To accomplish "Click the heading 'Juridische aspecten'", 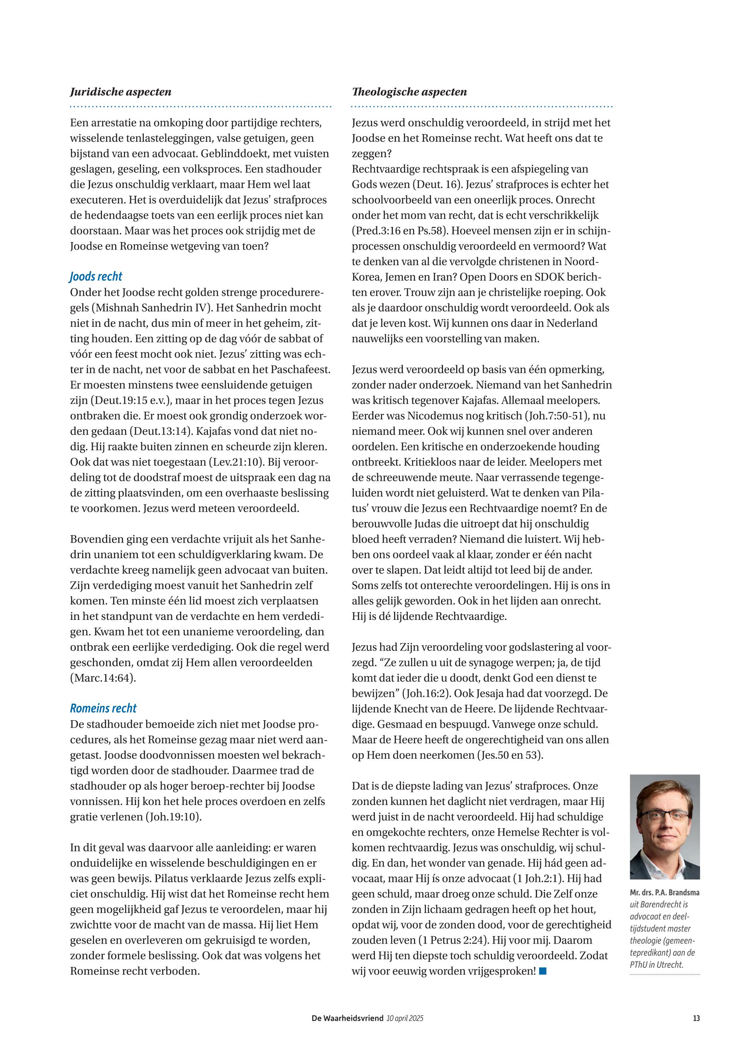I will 121,92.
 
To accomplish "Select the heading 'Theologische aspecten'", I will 410,92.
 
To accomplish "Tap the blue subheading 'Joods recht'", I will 96,277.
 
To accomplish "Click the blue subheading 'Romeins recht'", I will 103,708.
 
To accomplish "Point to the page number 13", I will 696,1018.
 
